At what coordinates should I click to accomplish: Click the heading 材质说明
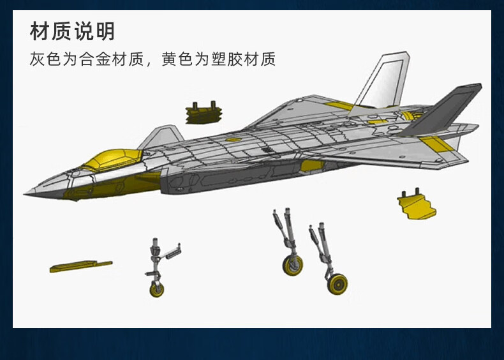pos(72,31)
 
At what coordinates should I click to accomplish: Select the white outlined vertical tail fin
pos(383,80)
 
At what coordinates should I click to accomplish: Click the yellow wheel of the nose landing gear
pos(156,290)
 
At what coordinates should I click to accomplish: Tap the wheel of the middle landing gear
pos(293,265)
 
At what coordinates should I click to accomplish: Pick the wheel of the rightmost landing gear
pos(337,284)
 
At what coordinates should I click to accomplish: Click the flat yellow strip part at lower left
pos(80,266)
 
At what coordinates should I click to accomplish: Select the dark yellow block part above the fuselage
pos(205,114)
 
